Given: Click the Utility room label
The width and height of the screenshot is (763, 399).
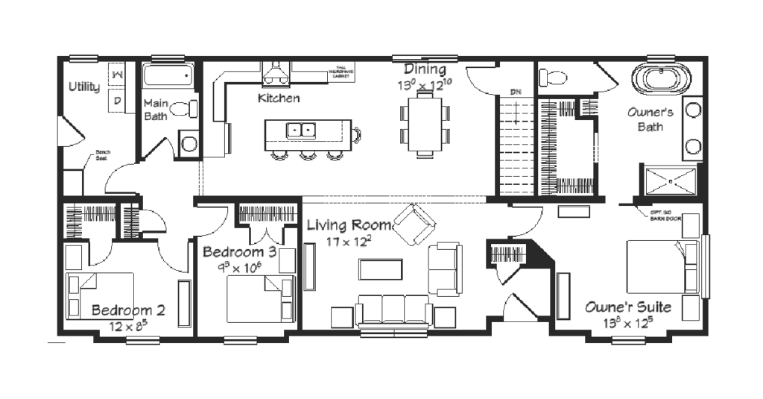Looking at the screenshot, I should tap(84, 87).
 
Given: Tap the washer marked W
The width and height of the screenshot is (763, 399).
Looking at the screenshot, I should tap(118, 75).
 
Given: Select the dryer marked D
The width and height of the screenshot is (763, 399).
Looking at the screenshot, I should tap(118, 100).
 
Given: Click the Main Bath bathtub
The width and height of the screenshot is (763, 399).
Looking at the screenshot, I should tap(168, 76).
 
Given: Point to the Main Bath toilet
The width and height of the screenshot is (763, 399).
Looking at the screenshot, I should tap(181, 110).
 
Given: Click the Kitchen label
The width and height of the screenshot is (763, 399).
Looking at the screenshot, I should tap(279, 98).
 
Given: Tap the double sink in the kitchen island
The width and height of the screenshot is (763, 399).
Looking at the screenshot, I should tap(302, 130).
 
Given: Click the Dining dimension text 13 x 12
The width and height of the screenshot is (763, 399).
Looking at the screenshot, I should tap(425, 86).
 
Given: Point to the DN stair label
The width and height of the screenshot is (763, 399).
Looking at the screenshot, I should tap(515, 92).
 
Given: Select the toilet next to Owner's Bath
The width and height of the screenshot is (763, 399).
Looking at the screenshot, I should tap(552, 77).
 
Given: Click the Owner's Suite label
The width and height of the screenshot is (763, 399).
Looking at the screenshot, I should tap(627, 307).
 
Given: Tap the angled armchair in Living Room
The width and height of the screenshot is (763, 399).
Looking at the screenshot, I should tap(414, 225).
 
